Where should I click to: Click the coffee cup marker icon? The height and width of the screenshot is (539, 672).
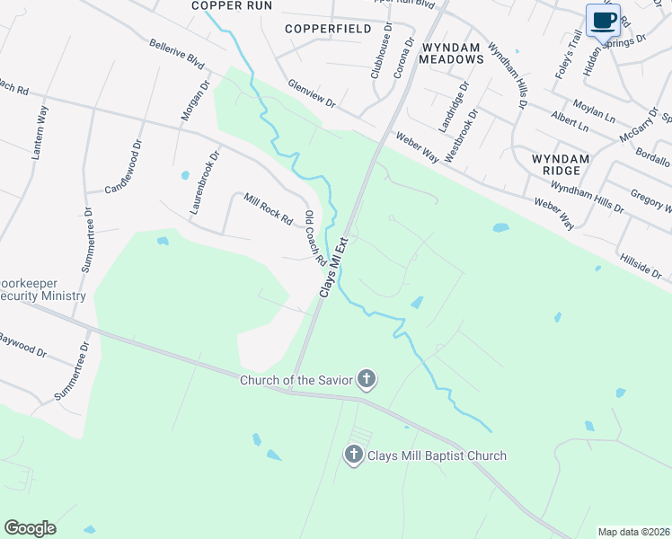tap(603, 20)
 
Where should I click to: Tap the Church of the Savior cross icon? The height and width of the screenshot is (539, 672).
tap(366, 380)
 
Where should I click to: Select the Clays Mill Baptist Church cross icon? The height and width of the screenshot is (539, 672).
tap(354, 455)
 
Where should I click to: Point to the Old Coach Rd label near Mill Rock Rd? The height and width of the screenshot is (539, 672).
tap(314, 237)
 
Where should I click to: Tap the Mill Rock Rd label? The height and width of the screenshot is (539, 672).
tap(269, 208)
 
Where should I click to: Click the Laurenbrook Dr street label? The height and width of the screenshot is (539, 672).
tap(204, 181)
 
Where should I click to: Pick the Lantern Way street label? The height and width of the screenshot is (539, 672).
tap(40, 133)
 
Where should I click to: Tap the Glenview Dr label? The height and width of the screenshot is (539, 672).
tap(312, 93)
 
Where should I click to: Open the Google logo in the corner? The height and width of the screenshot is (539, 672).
tap(30, 528)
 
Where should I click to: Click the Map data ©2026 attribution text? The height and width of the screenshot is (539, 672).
tap(633, 532)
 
